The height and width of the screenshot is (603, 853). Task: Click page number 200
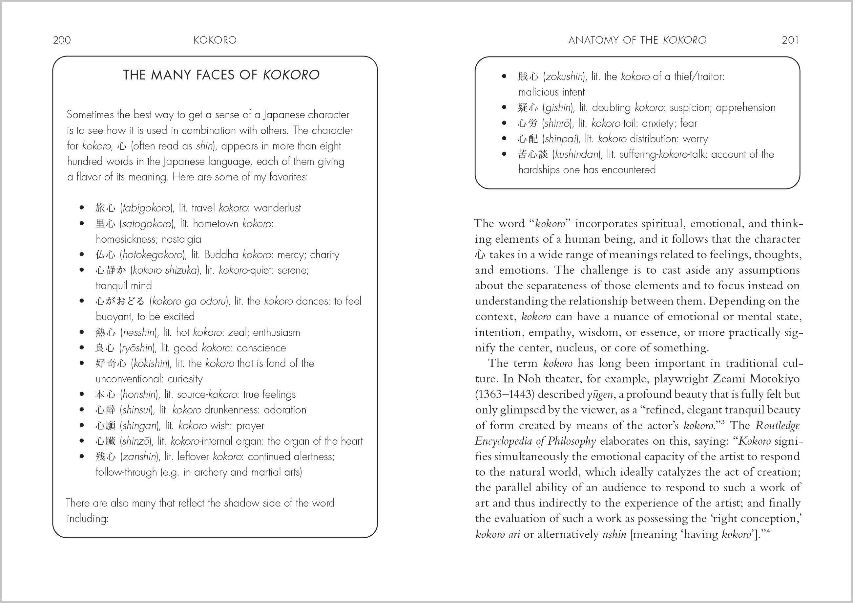[62, 40]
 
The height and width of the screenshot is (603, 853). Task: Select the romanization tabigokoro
[147, 208]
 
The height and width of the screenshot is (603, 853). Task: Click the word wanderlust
[277, 208]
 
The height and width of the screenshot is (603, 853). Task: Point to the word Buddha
[221, 255]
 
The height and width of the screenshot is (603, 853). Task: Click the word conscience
[261, 348]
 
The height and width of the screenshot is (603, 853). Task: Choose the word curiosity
[185, 379]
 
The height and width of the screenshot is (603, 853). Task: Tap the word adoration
[285, 410]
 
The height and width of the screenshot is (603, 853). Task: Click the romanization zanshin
[140, 457]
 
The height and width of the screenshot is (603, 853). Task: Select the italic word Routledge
[778, 426]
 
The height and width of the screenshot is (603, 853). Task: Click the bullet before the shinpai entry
[504, 139]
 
